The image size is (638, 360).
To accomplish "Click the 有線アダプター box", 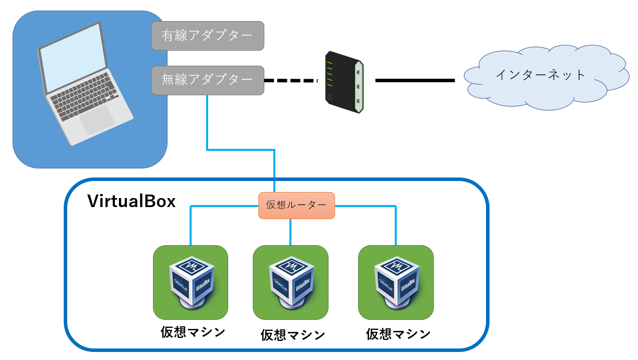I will [x=208, y=36].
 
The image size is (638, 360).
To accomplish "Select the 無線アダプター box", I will [x=208, y=80].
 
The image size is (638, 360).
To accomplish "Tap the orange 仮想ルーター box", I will [x=296, y=206].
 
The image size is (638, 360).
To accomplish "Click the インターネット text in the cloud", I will [x=540, y=75].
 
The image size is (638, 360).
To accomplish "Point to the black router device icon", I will [x=344, y=82].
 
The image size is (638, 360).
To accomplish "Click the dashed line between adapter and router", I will [x=291, y=80].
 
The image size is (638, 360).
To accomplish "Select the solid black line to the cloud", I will [x=415, y=80].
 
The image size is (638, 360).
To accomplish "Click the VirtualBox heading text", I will [x=131, y=202].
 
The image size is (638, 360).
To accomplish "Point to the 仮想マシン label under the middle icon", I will [x=292, y=335].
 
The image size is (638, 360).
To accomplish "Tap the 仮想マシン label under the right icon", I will [x=398, y=334].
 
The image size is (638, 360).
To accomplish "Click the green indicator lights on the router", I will [x=330, y=74].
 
